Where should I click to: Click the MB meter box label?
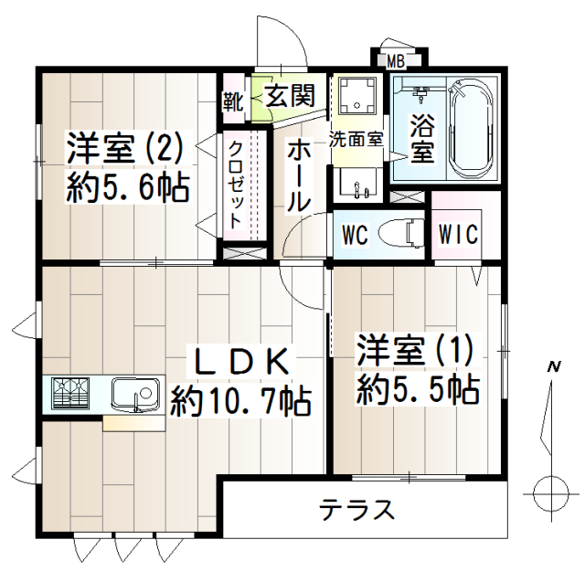(396, 61)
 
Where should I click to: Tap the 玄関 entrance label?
(291, 95)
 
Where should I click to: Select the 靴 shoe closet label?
(233, 101)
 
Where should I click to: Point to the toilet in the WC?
(401, 233)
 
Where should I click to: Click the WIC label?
(458, 234)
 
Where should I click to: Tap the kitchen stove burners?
(71, 393)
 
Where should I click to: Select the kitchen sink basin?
(136, 395)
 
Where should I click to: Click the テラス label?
(357, 510)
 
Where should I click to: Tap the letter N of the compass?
(554, 367)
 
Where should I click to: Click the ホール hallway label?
(299, 177)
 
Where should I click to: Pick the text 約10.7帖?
(239, 402)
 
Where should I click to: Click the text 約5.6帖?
(128, 187)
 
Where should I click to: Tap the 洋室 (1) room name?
(414, 350)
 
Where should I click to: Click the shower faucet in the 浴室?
(420, 93)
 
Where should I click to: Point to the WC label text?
(356, 235)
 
